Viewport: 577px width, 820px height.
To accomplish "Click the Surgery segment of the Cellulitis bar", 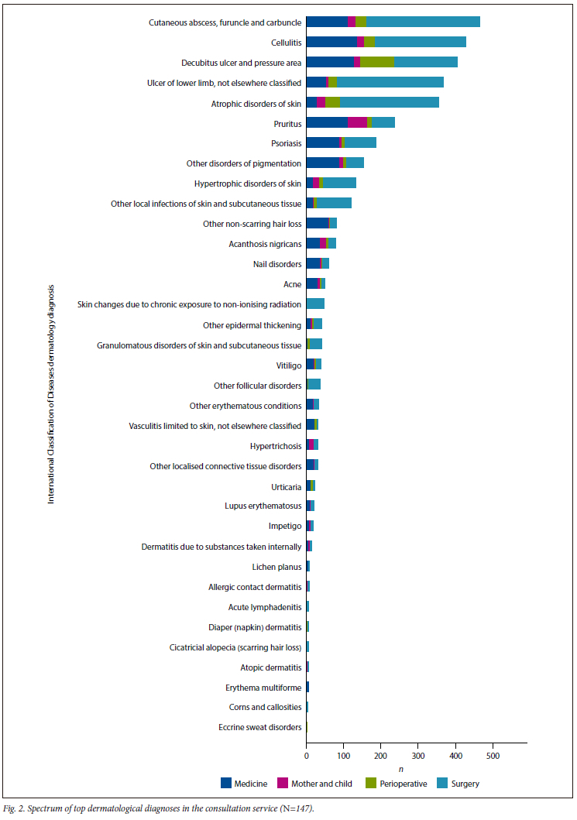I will click(x=421, y=42).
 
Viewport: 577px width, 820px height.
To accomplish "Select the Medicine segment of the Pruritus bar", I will click(x=327, y=122).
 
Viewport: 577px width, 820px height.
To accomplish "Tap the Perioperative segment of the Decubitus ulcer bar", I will click(x=377, y=62).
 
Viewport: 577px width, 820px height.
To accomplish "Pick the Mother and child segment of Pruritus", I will click(x=357, y=122).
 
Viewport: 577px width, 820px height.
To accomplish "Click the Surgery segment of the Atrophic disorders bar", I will click(x=390, y=102).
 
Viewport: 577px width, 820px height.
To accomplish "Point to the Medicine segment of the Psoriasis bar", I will click(x=322, y=142).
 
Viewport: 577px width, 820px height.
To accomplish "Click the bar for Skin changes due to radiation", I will click(x=315, y=304).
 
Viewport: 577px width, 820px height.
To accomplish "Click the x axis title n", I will click(x=400, y=768).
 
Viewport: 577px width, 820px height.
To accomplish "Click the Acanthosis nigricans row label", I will click(x=265, y=244).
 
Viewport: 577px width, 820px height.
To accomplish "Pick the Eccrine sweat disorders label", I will click(x=260, y=727).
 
